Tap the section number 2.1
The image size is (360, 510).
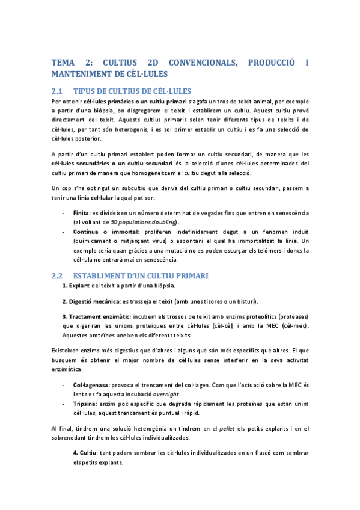pos(58,91)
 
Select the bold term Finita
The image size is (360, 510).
pos(81,213)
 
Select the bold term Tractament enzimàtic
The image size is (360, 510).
pos(95,315)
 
